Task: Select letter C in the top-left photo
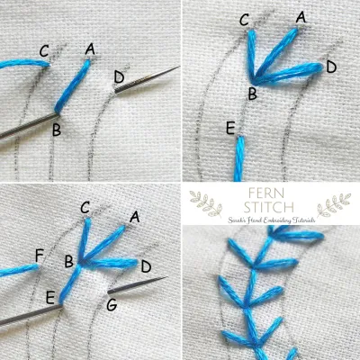tap(44, 50)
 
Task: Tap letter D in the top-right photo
tap(330, 66)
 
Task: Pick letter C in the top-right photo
tap(245, 19)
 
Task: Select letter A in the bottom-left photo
tap(134, 216)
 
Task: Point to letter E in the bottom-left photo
tap(50, 295)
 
